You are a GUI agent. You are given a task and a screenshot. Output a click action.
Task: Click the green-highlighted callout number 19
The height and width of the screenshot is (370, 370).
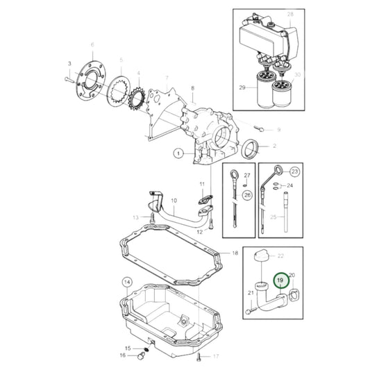click(x=281, y=280)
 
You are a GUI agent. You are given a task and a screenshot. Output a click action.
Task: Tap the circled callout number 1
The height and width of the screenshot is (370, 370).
click(x=178, y=153)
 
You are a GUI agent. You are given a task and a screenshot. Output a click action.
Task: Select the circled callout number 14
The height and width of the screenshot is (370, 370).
click(x=127, y=283)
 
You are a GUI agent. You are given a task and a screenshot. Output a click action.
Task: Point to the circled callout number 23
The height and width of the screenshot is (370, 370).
click(x=295, y=171)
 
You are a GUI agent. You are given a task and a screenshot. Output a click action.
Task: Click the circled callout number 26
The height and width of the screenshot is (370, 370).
click(x=247, y=195)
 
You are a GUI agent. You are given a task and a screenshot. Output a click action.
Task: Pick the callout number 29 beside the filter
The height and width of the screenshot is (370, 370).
click(x=242, y=87)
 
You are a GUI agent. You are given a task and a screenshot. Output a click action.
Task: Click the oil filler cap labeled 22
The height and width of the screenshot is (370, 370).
click(x=262, y=256)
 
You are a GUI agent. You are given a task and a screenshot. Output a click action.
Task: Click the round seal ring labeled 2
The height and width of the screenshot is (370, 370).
click(x=251, y=149)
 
